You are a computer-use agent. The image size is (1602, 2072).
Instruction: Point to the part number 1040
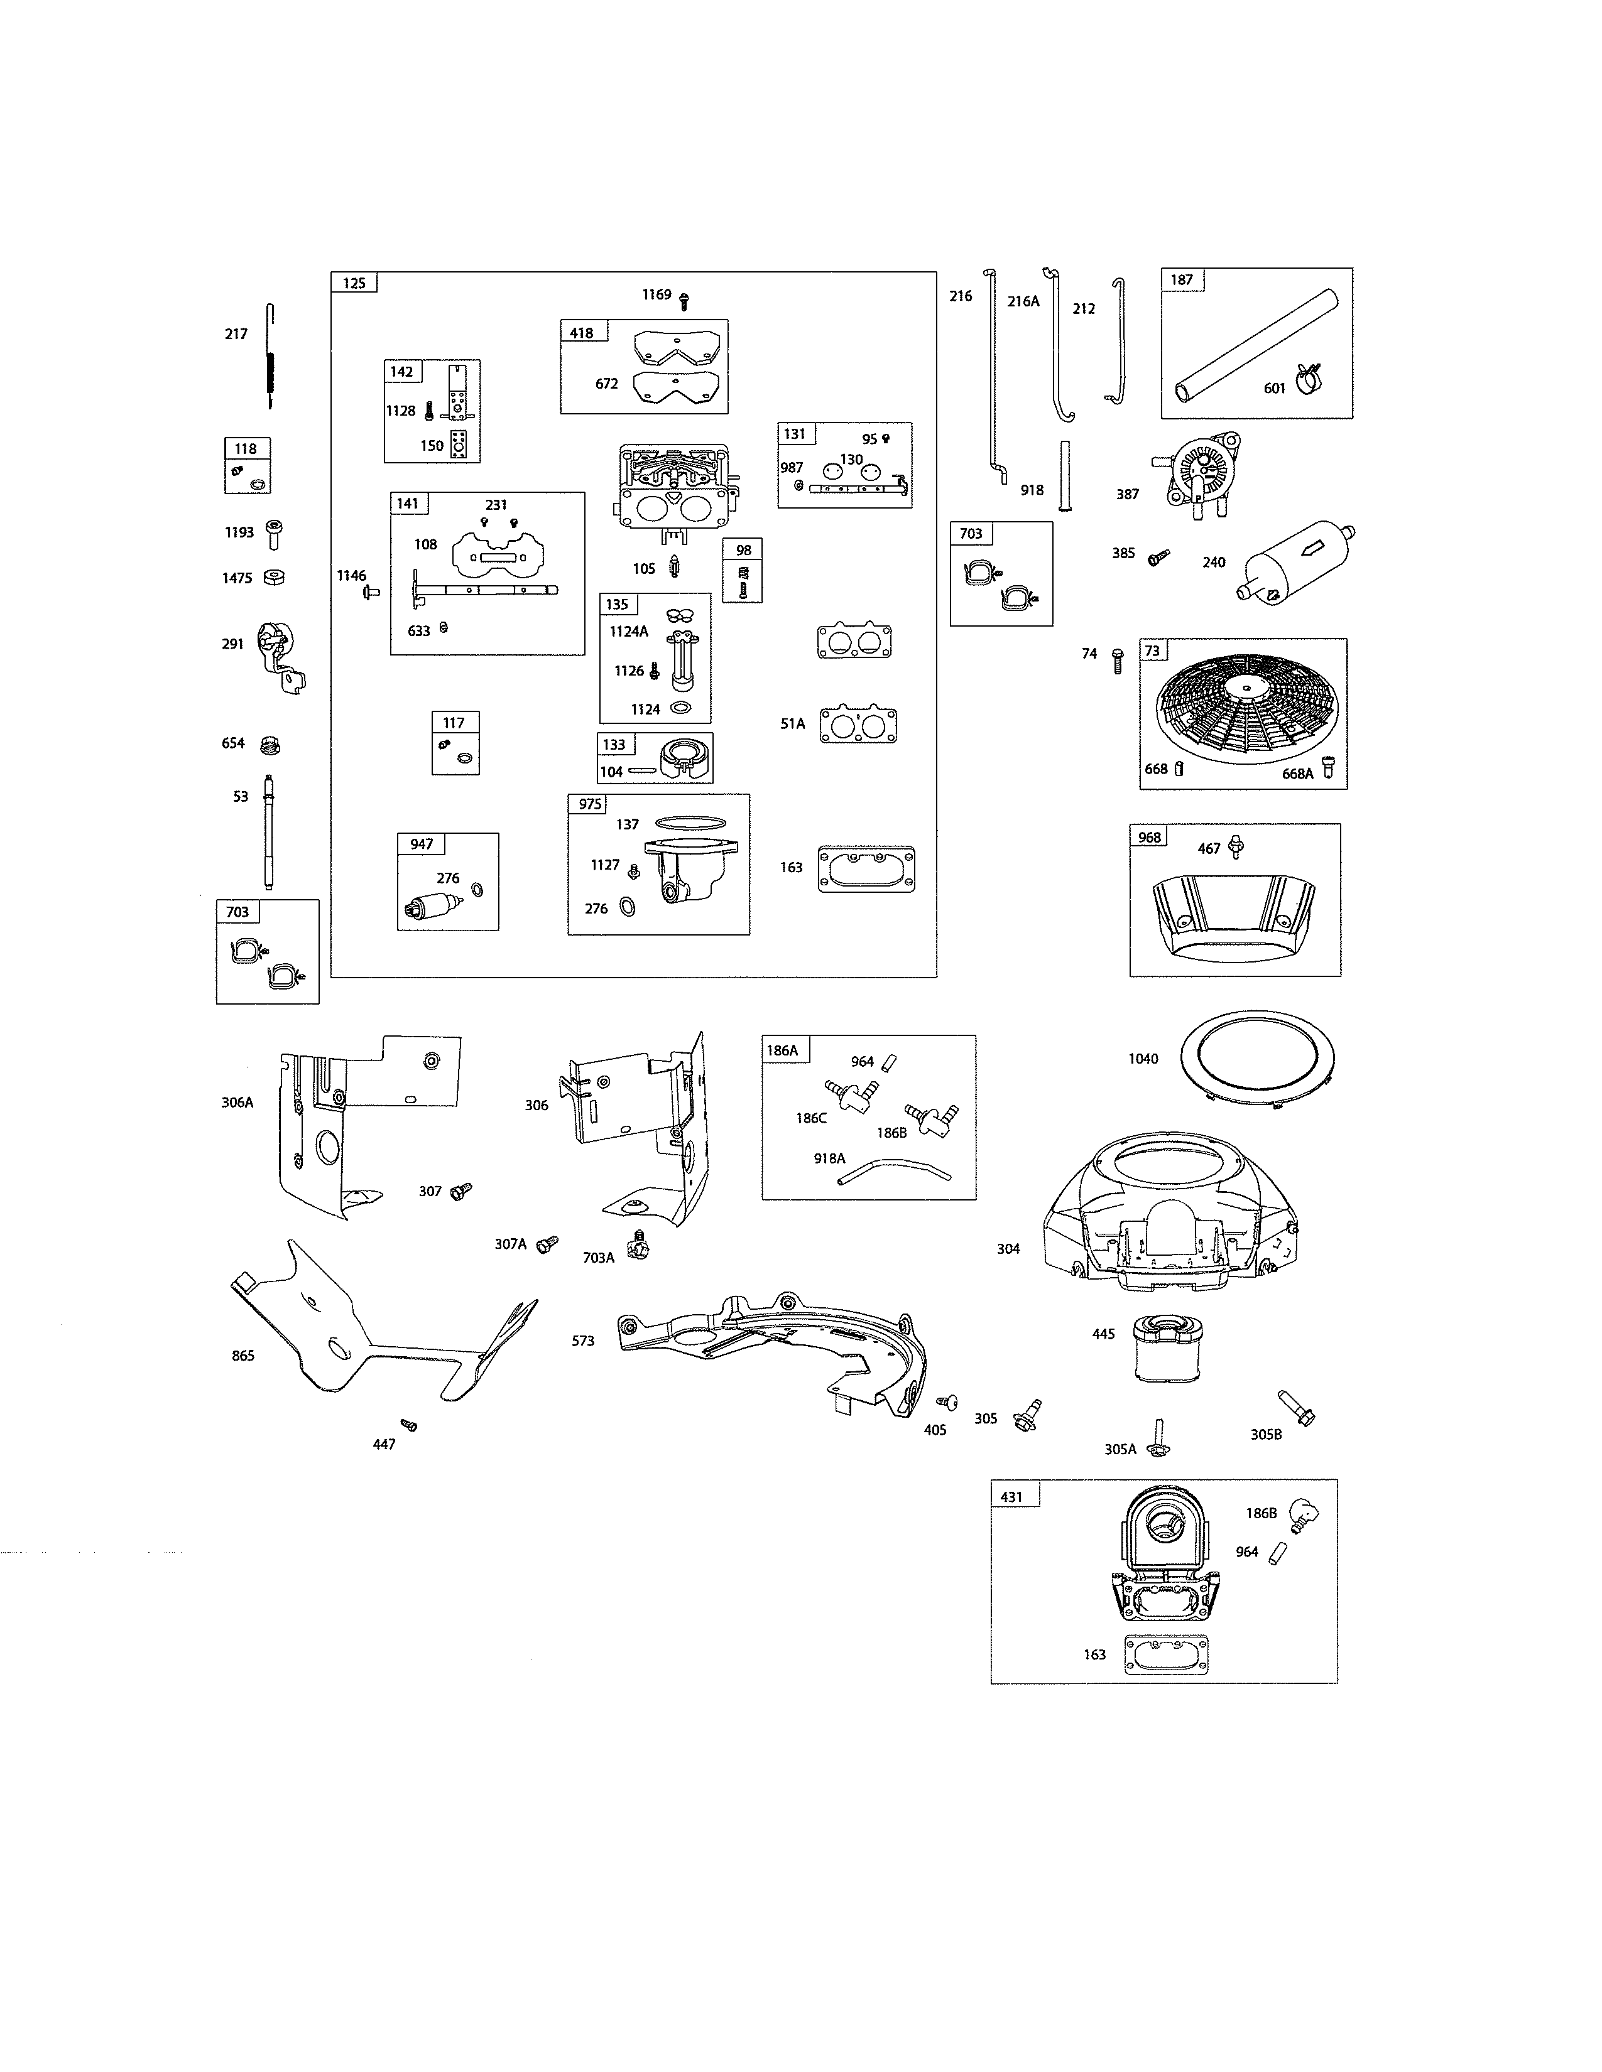1143,1059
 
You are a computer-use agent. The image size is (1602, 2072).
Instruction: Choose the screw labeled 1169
684,301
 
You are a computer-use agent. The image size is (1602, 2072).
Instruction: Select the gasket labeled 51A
858,725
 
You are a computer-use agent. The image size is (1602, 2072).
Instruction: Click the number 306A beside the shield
237,1103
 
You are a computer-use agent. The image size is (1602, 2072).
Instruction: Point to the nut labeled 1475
275,577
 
